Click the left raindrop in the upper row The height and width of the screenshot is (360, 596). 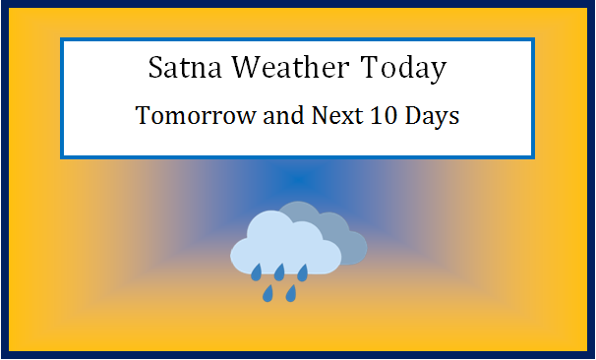[x=256, y=270]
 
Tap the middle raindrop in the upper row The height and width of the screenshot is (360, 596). [x=279, y=270]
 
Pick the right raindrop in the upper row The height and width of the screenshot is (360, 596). [x=302, y=270]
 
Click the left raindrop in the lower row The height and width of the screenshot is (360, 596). [x=268, y=292]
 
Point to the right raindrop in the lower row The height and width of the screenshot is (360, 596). [x=291, y=292]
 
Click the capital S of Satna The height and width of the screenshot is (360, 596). [x=155, y=70]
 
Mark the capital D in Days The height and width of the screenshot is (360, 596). [x=415, y=115]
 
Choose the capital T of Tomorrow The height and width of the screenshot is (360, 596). [x=142, y=115]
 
